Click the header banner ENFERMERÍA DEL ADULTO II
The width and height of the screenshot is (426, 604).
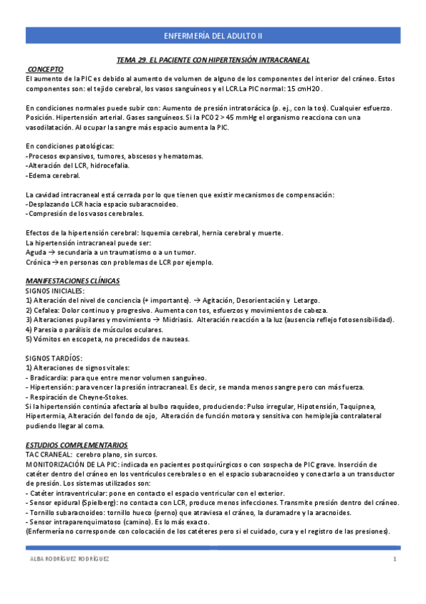[213, 34]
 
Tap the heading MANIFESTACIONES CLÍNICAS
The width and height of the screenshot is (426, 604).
[73, 281]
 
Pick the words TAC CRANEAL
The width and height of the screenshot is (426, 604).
[47, 454]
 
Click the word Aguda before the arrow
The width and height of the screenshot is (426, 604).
[36, 252]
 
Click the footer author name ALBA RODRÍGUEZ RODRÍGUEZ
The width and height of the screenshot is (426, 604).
[68, 559]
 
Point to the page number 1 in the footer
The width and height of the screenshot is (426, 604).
[395, 559]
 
